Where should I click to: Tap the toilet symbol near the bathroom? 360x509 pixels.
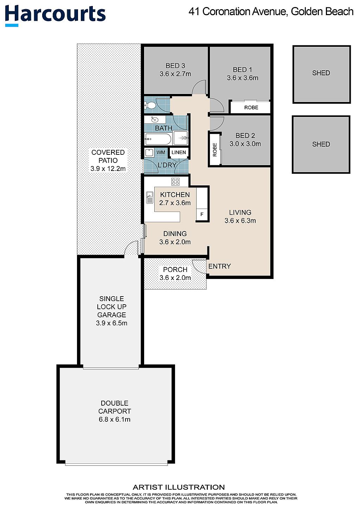point(150,105)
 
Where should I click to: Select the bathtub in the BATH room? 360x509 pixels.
point(158,139)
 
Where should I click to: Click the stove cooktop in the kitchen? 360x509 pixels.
point(175,182)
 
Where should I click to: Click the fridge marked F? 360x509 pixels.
point(202,214)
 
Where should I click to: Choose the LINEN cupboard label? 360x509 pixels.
point(179,152)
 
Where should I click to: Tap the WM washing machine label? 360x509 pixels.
point(161,152)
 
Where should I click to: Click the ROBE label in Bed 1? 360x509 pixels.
point(251,108)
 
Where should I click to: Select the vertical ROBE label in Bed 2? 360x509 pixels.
point(215,149)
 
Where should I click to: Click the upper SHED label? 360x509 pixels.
point(321,73)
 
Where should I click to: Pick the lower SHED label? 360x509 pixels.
point(321,144)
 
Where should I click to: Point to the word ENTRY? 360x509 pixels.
point(219,266)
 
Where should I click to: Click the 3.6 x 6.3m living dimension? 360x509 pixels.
point(240,221)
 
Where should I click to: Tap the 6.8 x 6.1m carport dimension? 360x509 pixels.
point(115,419)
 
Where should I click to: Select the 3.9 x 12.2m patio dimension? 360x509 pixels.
point(108,168)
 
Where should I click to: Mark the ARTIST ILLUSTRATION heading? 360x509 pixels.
point(179,487)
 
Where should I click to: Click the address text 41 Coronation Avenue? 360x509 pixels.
point(238,12)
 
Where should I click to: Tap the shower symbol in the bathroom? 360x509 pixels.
point(181,138)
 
